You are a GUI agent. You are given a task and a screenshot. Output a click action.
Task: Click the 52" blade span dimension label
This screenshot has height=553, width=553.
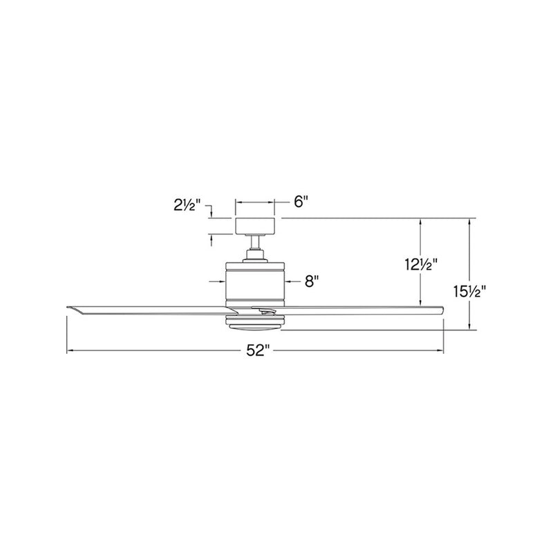coord(258,350)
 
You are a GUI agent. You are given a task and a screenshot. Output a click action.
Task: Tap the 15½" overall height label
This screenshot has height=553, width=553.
coord(469,291)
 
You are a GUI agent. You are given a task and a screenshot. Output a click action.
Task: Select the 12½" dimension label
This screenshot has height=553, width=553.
coord(421,264)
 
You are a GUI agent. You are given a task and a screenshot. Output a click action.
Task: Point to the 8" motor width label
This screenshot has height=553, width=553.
coord(312,281)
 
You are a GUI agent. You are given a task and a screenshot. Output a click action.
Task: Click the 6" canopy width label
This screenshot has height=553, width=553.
coord(301,202)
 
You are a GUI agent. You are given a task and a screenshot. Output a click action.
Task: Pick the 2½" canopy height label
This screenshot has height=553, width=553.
coord(187,205)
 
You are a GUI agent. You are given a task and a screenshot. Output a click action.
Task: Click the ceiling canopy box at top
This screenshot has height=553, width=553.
coord(255,226)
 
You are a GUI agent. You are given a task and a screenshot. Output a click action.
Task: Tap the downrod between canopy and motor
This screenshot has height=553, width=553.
coord(255,243)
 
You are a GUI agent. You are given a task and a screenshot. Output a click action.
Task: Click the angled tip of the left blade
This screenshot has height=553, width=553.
coord(68,308)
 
